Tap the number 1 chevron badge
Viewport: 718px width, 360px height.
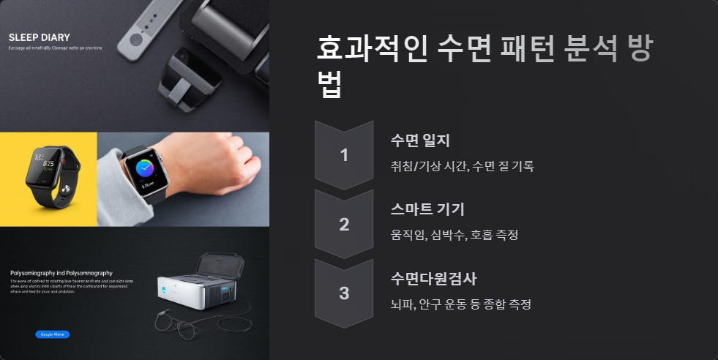pyautogui.click(x=344, y=154)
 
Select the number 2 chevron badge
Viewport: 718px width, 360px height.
pyautogui.click(x=344, y=224)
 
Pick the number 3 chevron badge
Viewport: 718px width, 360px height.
pyautogui.click(x=344, y=293)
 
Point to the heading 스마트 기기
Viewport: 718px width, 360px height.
pyautogui.click(x=428, y=210)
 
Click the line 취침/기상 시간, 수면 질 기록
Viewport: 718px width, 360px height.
pyautogui.click(x=463, y=166)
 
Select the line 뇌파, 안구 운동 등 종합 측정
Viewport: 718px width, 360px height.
pyautogui.click(x=460, y=304)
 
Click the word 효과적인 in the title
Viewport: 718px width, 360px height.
pyautogui.click(x=370, y=50)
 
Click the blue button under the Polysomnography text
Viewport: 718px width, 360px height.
pyautogui.click(x=52, y=334)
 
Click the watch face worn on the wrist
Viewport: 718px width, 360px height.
pyautogui.click(x=143, y=170)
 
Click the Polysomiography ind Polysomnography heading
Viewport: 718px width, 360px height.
pyautogui.click(x=61, y=272)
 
